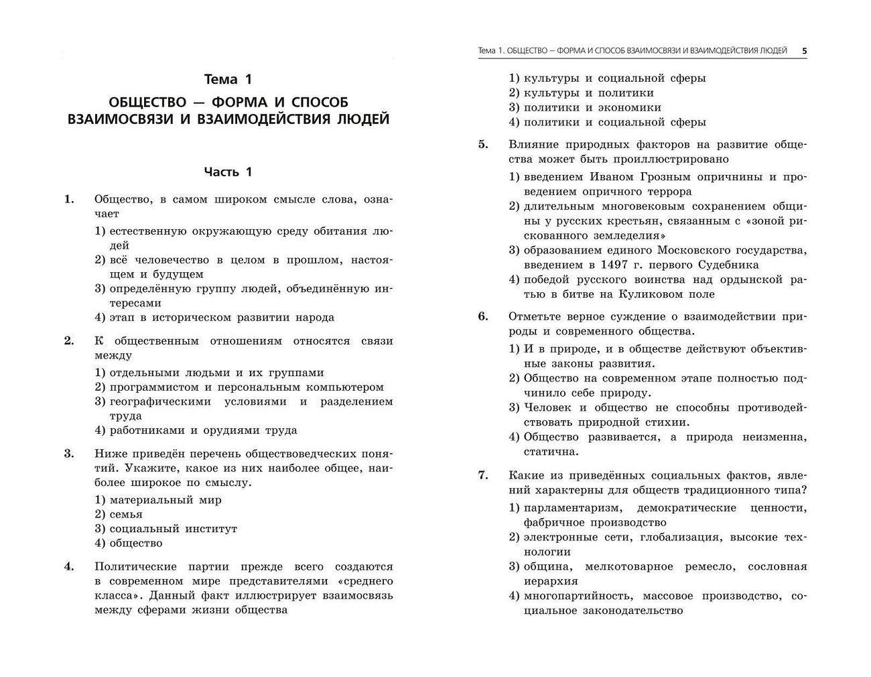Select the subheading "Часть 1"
point(228,172)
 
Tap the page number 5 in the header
point(804,50)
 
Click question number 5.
point(482,145)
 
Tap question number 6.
point(482,316)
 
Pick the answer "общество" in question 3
point(136,543)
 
